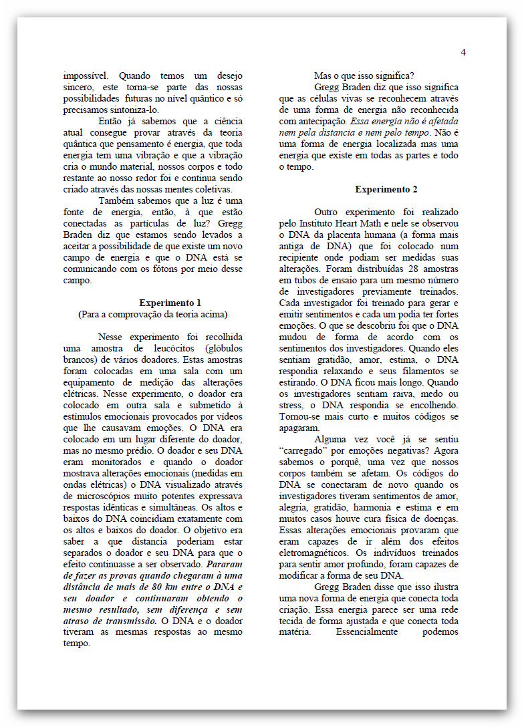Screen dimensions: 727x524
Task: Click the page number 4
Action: (463, 53)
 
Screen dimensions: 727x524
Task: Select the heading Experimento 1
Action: (170, 303)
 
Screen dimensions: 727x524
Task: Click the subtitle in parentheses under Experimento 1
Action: (152, 314)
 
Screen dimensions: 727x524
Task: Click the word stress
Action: (292, 406)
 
